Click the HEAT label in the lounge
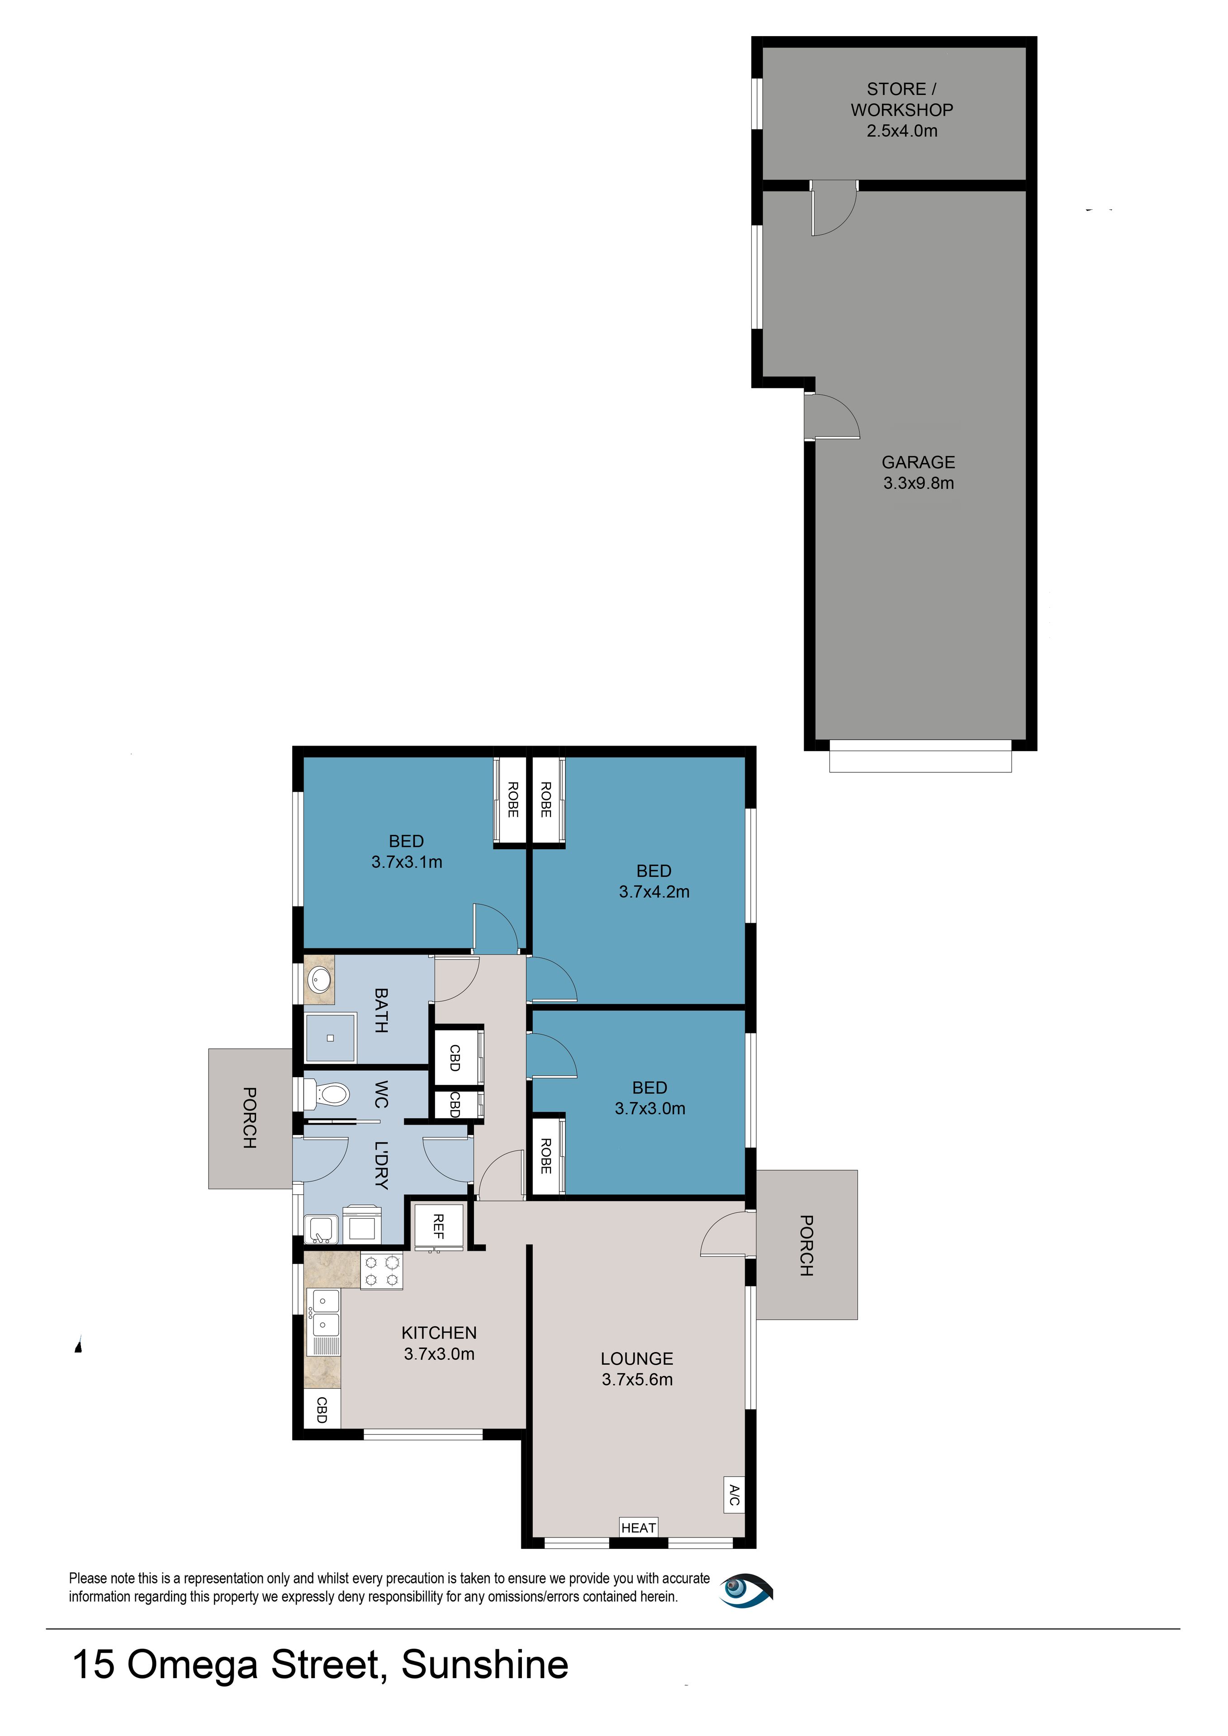point(638,1528)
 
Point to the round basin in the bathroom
point(320,981)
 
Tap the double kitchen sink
point(324,1313)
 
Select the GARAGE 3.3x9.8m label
point(918,473)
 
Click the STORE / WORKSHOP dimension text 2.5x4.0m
point(901,131)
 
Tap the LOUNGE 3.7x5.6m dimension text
point(637,1379)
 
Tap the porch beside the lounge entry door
point(807,1244)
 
